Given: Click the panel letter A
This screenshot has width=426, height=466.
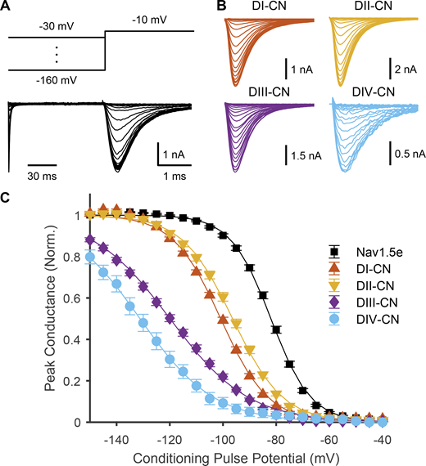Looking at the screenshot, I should tap(8, 7).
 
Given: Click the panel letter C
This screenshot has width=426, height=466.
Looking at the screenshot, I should tap(8, 196).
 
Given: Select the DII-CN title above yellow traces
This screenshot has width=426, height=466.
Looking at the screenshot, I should tap(365, 8).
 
